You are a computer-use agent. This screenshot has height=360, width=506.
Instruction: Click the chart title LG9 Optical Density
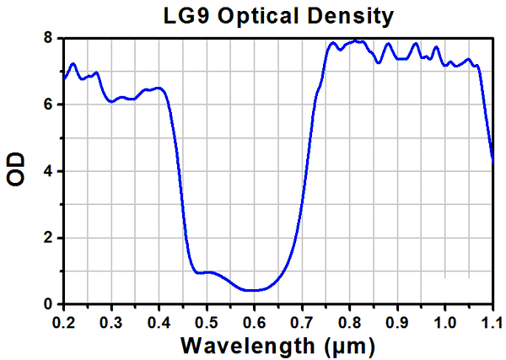pos(277,15)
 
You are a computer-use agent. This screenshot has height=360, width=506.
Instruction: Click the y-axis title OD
pos(16,170)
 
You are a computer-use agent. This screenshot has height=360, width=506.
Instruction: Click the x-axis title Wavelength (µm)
pos(277,345)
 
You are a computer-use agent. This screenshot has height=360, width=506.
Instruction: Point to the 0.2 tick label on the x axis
pos(63,321)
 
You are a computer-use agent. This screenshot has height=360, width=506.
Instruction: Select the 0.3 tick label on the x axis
pos(111,321)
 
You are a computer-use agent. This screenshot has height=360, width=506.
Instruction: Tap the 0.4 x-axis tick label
pos(159,321)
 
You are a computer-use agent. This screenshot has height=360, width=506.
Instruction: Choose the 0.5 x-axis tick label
pos(207,321)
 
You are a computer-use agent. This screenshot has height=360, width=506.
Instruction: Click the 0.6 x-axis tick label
pos(254,321)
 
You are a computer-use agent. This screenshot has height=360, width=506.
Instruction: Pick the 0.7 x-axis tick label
pos(302,321)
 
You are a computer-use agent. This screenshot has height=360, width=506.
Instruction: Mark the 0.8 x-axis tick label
pos(350,321)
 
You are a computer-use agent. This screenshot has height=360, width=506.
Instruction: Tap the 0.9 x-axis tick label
pos(397,321)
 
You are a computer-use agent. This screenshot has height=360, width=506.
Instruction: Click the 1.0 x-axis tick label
pos(445,321)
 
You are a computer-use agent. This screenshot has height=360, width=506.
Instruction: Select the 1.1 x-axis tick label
pos(492,321)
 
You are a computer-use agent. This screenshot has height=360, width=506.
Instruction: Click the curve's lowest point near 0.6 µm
pos(252,290)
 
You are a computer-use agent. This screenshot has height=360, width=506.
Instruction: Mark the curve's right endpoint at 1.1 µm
pos(493,158)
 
